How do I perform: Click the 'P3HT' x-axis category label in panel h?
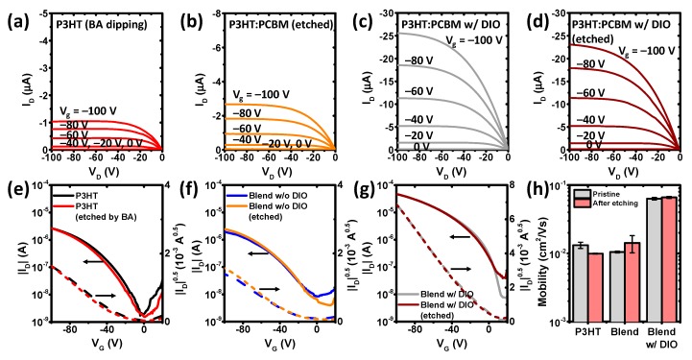coord(590,331)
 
